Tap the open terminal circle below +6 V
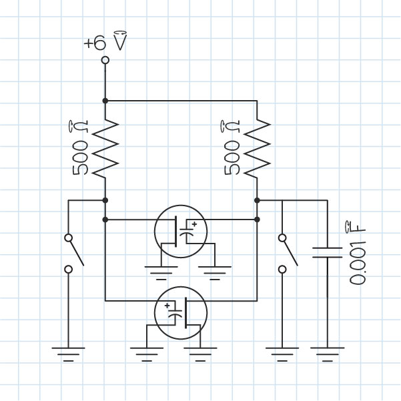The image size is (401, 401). pyautogui.click(x=105, y=61)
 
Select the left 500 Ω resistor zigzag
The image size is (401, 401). pyautogui.click(x=105, y=148)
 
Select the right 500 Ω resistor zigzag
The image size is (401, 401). pyautogui.click(x=257, y=148)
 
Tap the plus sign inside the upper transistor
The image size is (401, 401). pyautogui.click(x=194, y=225)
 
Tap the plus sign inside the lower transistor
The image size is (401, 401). pyautogui.click(x=167, y=305)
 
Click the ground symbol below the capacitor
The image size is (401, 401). pyautogui.click(x=328, y=353)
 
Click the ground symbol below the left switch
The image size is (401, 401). pyautogui.click(x=68, y=353)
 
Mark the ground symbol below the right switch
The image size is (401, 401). pyautogui.click(x=282, y=353)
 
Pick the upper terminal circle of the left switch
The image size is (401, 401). pyautogui.click(x=68, y=237)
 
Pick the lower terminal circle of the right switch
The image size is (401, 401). pyautogui.click(x=282, y=269)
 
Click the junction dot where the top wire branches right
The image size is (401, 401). pyautogui.click(x=105, y=101)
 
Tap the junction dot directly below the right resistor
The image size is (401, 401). pyautogui.click(x=257, y=199)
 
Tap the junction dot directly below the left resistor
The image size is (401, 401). pyautogui.click(x=105, y=199)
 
